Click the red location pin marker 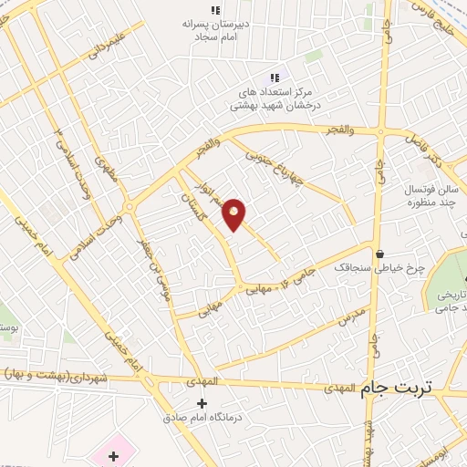pos(234,213)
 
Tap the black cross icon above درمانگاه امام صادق pos(202,402)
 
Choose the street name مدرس pos(351,318)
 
